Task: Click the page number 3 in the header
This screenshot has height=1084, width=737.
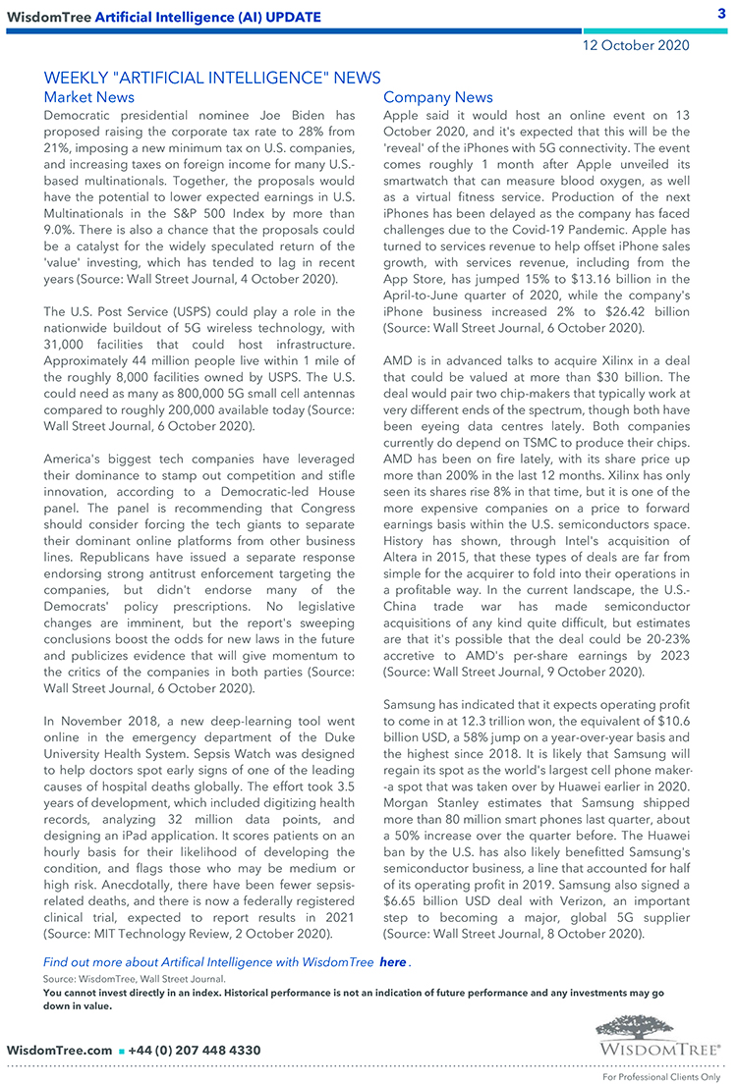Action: pyautogui.click(x=720, y=13)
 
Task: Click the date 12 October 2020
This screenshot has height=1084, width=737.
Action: pyautogui.click(x=636, y=45)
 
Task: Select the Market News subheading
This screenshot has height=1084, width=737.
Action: pyautogui.click(x=89, y=97)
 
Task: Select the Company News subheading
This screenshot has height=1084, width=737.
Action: pyautogui.click(x=438, y=97)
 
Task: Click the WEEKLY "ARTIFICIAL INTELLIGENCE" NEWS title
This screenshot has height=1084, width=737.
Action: pyautogui.click(x=212, y=78)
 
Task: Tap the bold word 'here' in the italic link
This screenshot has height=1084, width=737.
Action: pyautogui.click(x=392, y=962)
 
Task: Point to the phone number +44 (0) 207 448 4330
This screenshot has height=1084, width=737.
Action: pyautogui.click(x=195, y=1051)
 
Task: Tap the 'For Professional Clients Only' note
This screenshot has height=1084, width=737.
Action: pyautogui.click(x=660, y=1077)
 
